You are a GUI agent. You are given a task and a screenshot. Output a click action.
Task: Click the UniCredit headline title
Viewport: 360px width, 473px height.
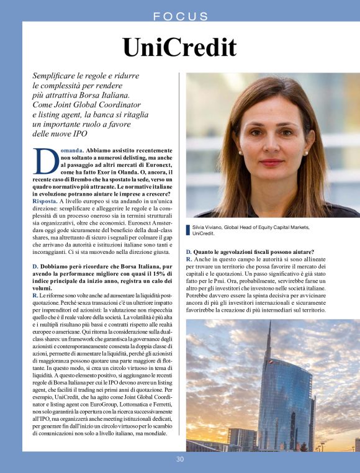(x=179, y=47)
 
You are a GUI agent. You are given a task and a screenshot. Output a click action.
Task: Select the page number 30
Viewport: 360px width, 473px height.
(x=180, y=459)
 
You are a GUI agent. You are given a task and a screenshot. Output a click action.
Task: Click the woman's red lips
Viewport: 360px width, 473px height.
(x=271, y=163)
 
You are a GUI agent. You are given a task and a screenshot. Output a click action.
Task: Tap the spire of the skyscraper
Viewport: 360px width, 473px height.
(x=269, y=338)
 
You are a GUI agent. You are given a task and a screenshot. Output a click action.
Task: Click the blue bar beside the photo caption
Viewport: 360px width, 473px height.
(x=188, y=230)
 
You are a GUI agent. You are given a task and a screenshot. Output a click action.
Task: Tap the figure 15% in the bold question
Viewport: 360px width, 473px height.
(x=159, y=274)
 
